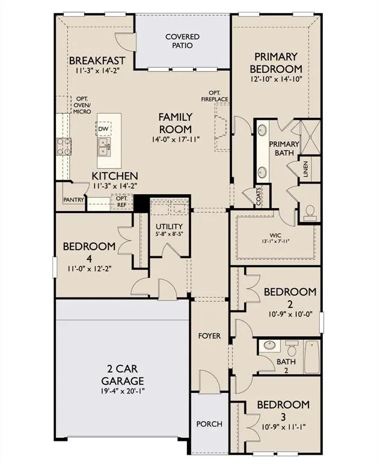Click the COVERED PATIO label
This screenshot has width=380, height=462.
182,41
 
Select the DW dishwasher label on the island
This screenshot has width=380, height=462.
103,129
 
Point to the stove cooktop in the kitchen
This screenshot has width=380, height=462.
64,145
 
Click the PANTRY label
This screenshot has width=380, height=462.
73,200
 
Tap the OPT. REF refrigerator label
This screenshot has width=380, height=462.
121,202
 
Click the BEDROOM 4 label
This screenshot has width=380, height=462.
89,251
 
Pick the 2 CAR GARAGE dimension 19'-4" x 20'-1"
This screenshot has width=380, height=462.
122,392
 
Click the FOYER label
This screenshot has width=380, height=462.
209,336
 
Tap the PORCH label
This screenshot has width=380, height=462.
209,424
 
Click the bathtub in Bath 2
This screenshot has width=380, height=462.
311,357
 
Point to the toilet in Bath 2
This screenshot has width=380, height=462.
292,348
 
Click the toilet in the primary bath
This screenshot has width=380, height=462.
310,211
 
